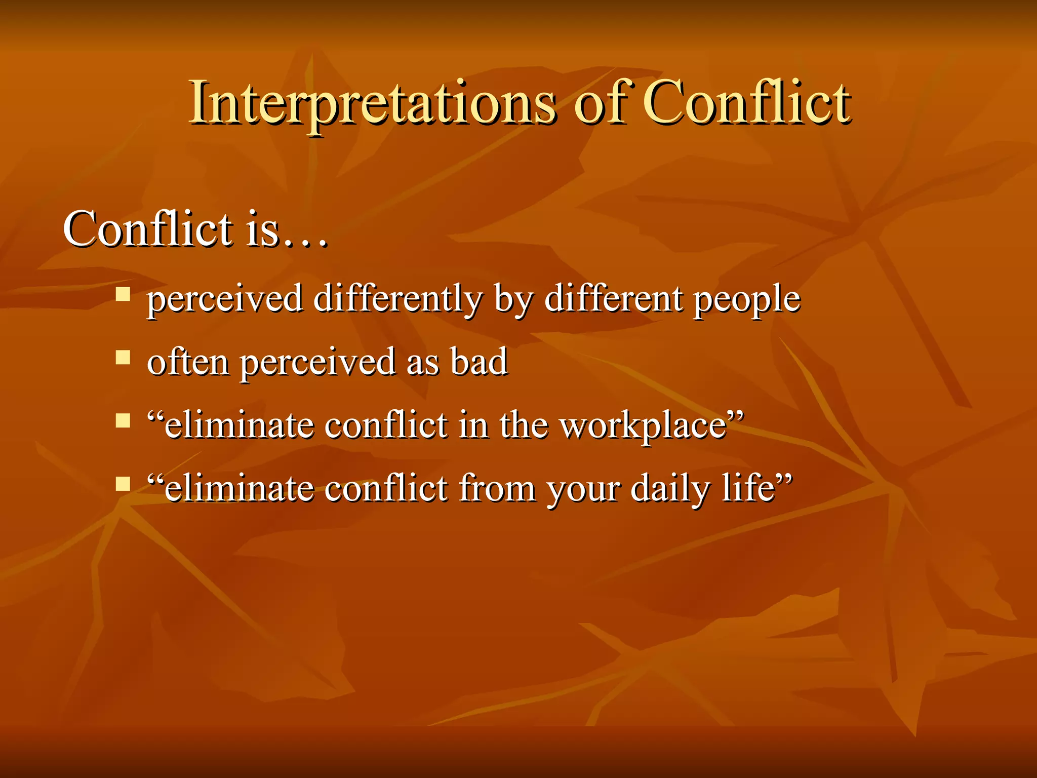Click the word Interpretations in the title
click(372, 104)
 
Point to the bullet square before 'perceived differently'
click(123, 294)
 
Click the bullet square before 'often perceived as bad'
click(123, 358)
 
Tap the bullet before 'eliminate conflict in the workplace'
click(123, 421)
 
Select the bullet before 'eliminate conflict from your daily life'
click(123, 484)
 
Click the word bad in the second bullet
click(479, 362)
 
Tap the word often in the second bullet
click(187, 362)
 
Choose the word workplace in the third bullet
click(643, 425)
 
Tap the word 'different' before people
click(613, 299)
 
